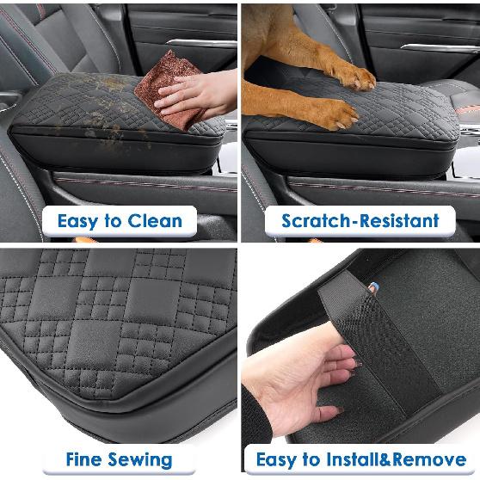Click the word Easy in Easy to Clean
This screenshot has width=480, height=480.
pyautogui.click(x=76, y=221)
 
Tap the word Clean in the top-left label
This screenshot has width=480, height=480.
pyautogui.click(x=155, y=221)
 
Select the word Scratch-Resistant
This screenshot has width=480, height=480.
pyautogui.click(x=360, y=221)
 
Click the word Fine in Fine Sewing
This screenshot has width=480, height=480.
pyautogui.click(x=84, y=459)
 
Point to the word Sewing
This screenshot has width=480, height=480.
pyautogui.click(x=142, y=460)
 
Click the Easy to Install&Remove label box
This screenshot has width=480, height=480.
pyautogui.click(x=360, y=459)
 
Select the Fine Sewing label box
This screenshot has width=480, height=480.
pyautogui.click(x=120, y=459)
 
